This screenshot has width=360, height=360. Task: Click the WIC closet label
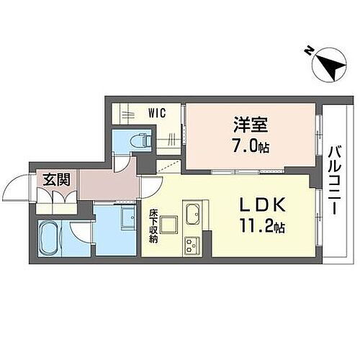click(x=158, y=113)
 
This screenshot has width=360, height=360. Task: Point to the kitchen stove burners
click(x=194, y=244)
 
